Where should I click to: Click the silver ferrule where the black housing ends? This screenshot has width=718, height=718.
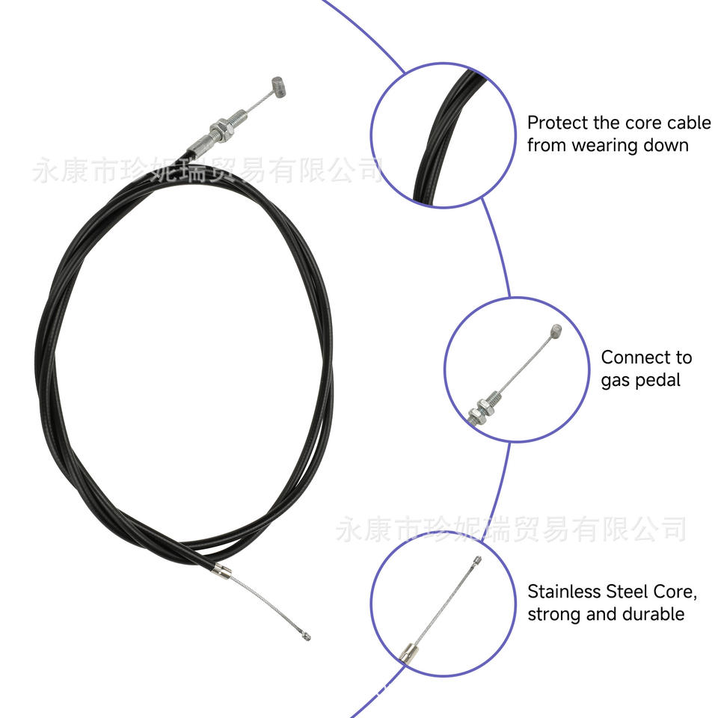[221, 572]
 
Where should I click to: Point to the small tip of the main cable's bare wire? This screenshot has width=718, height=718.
[305, 636]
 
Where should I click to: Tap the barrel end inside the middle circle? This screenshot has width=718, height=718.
[554, 331]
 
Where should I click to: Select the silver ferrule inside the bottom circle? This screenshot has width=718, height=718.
[408, 653]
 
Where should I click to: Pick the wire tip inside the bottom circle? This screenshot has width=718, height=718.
[478, 559]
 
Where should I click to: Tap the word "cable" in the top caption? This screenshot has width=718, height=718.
[689, 123]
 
